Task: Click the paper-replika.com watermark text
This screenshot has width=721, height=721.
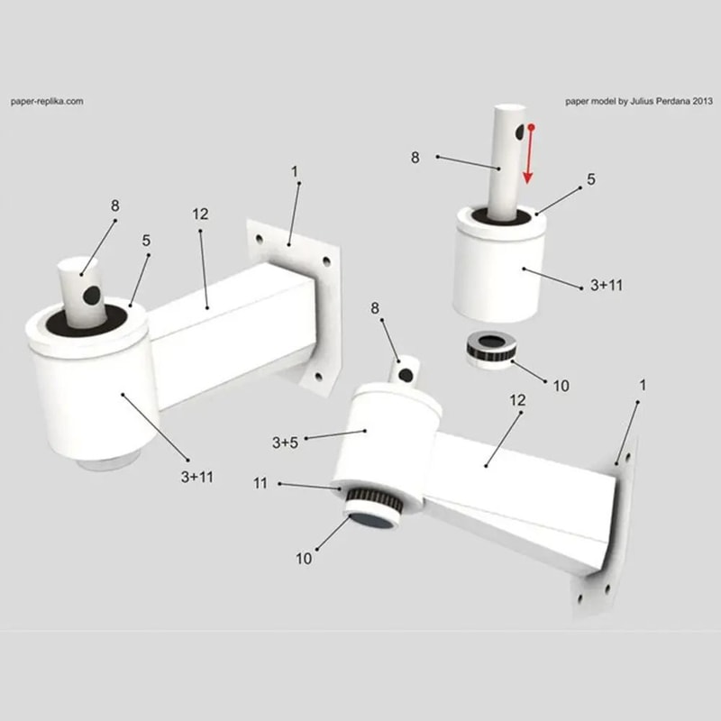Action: tap(47, 102)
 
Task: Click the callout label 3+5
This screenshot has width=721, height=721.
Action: tap(285, 443)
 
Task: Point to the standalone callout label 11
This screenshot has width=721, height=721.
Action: tap(260, 484)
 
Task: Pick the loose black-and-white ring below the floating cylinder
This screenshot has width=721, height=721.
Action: tap(489, 351)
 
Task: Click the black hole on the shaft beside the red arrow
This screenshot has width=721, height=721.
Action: tap(520, 132)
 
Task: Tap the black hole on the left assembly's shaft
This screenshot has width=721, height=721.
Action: tap(91, 295)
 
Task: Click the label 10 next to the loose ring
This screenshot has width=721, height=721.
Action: tap(561, 386)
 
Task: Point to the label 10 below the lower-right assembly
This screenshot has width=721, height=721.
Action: tap(304, 558)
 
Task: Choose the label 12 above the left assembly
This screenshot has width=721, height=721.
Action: tap(200, 214)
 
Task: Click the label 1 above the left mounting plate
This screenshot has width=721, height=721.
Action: tap(294, 170)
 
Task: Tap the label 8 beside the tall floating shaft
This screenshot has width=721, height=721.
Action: tap(415, 157)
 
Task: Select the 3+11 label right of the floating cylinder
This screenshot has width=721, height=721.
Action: tap(605, 285)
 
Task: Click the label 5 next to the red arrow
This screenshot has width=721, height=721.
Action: tap(591, 179)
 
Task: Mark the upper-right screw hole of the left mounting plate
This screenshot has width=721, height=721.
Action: tap(326, 262)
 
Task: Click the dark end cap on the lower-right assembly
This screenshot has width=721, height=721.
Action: tap(370, 520)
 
